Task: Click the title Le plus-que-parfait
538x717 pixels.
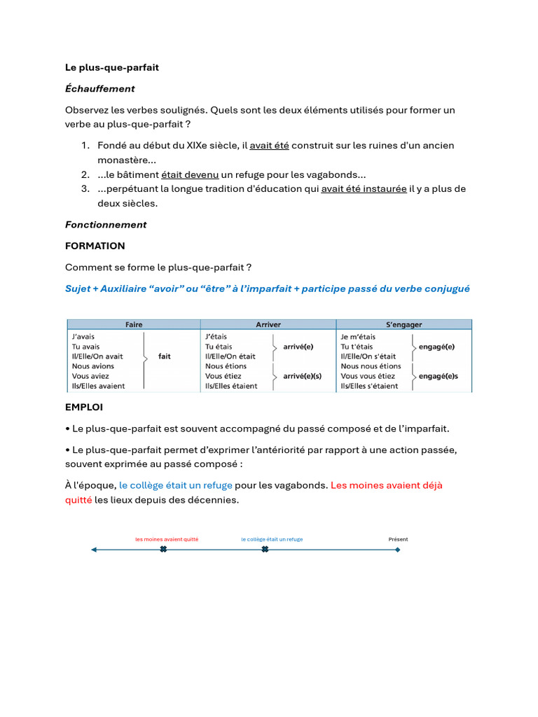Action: (x=112, y=67)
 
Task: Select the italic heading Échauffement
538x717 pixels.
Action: (x=99, y=89)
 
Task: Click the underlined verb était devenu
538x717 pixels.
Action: (x=190, y=174)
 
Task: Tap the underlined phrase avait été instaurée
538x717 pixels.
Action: (x=364, y=189)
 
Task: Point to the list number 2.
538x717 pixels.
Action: (x=84, y=174)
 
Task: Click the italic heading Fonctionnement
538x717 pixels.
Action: (x=106, y=225)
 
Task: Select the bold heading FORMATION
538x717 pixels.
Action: (x=95, y=246)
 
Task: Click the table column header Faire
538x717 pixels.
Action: (x=134, y=325)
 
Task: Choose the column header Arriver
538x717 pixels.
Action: (x=268, y=325)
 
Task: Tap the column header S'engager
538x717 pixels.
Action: (x=404, y=325)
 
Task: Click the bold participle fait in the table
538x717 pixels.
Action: (x=165, y=356)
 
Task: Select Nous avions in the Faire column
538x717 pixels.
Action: (x=93, y=366)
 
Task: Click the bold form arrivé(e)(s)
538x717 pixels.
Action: (x=303, y=376)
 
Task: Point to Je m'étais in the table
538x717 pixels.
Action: (x=358, y=337)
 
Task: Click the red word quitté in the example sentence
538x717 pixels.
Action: (x=78, y=500)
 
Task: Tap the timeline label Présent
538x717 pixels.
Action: (x=398, y=539)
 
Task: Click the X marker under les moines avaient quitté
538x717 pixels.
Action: (x=163, y=550)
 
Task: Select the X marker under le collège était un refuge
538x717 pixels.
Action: (x=265, y=550)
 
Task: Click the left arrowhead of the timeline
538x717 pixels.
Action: (x=95, y=550)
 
